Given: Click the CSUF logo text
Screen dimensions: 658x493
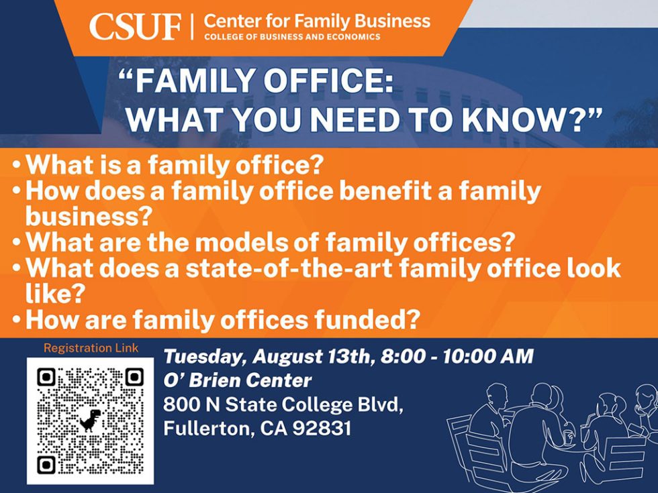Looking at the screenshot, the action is pyautogui.click(x=135, y=27).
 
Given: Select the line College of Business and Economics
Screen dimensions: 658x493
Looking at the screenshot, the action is pyautogui.click(x=292, y=37).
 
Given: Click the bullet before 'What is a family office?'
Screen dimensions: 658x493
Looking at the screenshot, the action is pyautogui.click(x=17, y=165).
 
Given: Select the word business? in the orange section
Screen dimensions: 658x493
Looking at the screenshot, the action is pyautogui.click(x=89, y=216).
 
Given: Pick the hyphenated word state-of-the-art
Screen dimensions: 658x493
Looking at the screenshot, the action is pyautogui.click(x=288, y=268).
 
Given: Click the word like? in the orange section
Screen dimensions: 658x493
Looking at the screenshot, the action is pyautogui.click(x=53, y=294).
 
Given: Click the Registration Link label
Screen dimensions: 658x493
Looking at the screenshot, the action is pyautogui.click(x=91, y=348).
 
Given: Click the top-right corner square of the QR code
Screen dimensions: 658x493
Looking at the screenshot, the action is pyautogui.click(x=134, y=377).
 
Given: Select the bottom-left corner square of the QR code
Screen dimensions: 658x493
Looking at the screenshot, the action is pyautogui.click(x=46, y=464).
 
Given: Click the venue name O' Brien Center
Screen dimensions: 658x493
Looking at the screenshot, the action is pyautogui.click(x=238, y=380).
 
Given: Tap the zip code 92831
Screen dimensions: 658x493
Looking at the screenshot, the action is pyautogui.click(x=322, y=429).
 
